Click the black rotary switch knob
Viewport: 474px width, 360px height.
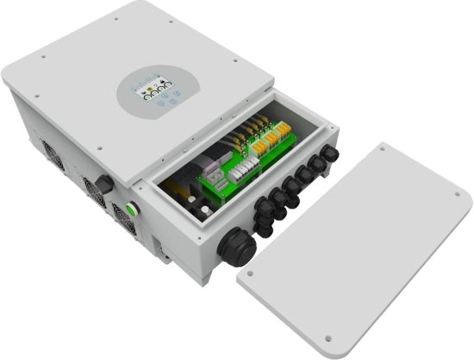(x=101, y=183)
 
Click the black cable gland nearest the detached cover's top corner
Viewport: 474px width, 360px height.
(x=331, y=156)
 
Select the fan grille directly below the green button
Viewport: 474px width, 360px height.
(x=125, y=227)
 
